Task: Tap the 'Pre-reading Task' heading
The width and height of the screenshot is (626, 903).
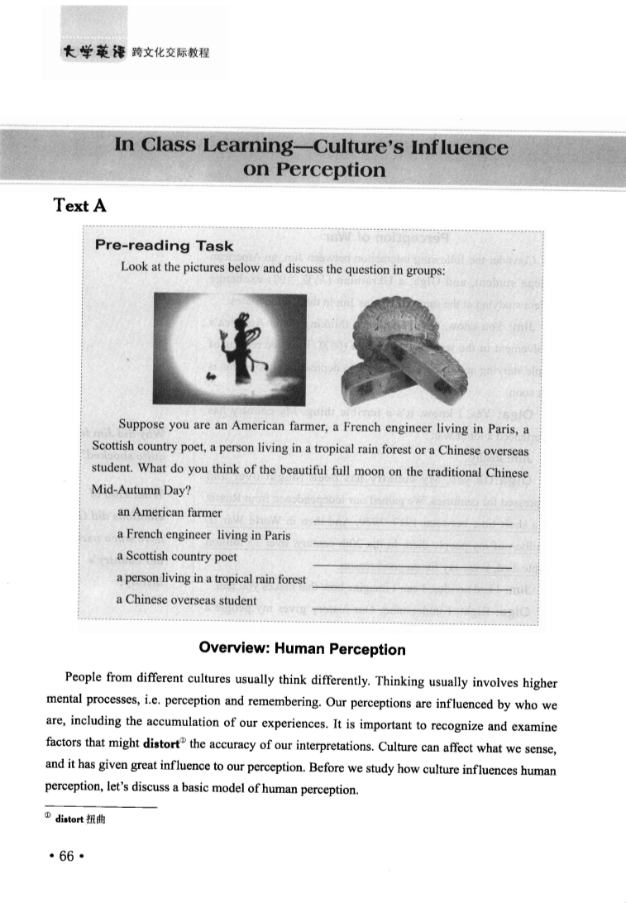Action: [165, 246]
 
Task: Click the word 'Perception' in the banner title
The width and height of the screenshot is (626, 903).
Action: [315, 170]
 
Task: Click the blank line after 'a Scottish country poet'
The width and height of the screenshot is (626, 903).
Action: [411, 565]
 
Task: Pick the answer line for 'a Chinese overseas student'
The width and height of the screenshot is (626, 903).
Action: [411, 609]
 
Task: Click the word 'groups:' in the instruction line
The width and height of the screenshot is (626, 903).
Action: [425, 269]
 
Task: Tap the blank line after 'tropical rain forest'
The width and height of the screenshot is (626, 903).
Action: [411, 586]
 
